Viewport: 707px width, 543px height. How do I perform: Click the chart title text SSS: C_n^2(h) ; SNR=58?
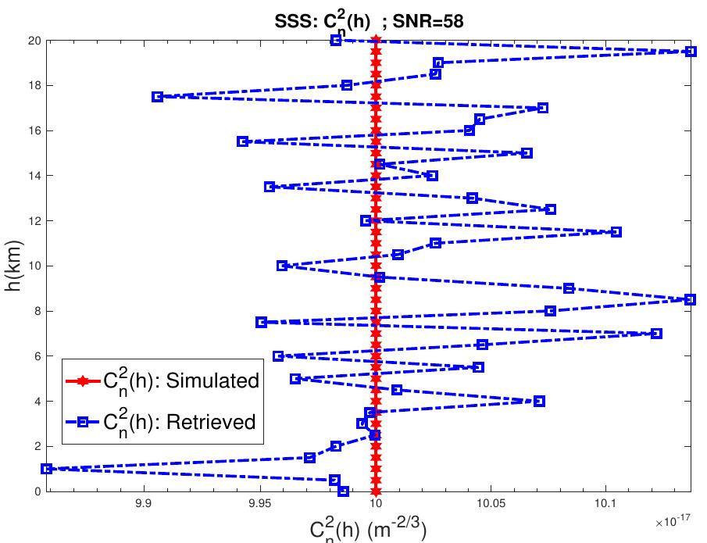(x=375, y=21)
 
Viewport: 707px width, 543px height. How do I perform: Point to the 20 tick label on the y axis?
(x=32, y=40)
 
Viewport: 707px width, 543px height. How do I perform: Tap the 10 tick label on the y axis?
(x=32, y=266)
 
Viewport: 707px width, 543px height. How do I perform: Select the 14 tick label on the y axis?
(x=32, y=176)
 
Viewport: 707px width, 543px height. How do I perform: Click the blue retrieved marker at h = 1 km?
(x=47, y=469)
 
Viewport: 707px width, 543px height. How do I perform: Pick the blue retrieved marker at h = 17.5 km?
(x=157, y=97)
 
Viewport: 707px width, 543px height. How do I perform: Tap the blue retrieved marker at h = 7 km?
(x=656, y=334)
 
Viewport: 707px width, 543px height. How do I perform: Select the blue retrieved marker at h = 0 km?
(x=343, y=491)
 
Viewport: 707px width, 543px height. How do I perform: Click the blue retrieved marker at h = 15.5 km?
(x=242, y=141)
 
